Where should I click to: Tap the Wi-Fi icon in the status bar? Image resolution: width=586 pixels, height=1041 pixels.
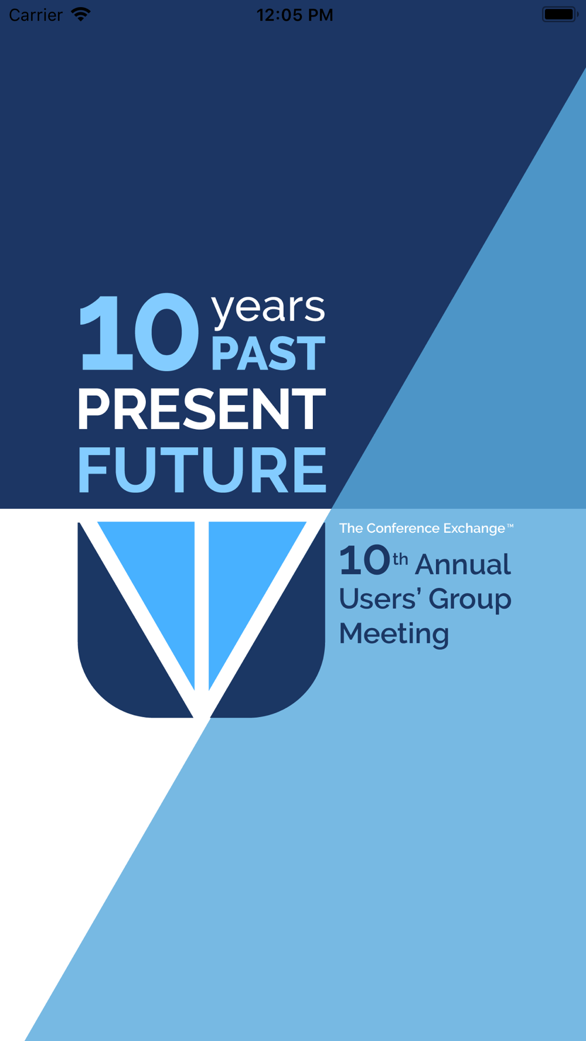coord(81,14)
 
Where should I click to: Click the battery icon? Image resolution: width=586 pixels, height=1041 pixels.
coord(560,14)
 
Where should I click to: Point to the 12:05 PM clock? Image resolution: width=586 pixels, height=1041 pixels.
coord(295,15)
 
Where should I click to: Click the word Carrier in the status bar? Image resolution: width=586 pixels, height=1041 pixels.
coord(36,15)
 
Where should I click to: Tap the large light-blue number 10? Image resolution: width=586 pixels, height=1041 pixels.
coord(139,332)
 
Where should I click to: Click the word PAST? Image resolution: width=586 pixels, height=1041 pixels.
coord(268,354)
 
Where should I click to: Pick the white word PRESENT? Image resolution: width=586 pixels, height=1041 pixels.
coord(202,409)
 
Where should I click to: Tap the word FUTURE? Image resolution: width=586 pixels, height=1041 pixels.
coord(202,470)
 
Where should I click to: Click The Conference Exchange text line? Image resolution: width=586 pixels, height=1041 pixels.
coord(426,528)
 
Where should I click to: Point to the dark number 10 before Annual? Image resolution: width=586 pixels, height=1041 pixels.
coord(364,560)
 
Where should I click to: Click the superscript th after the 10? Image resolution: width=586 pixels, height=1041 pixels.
coord(400,559)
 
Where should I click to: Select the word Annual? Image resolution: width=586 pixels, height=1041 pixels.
coord(463,564)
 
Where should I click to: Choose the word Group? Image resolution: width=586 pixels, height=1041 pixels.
coord(470,600)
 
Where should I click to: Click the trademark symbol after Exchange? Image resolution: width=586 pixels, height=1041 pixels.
coord(510,526)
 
